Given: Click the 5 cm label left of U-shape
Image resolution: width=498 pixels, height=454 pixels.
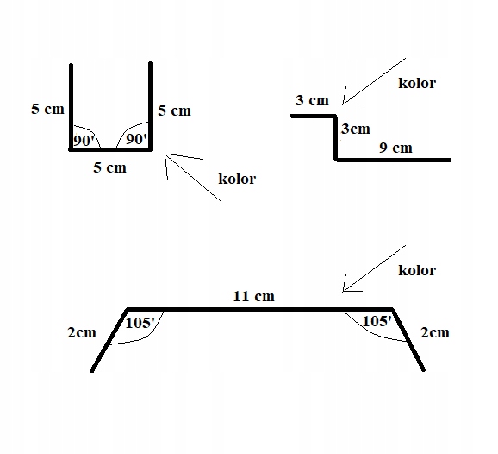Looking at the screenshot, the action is coord(47,109).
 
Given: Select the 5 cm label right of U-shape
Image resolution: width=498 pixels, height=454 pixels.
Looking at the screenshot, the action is coord(174,110).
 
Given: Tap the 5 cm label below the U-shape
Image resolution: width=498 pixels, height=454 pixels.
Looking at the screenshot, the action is coord(109,167).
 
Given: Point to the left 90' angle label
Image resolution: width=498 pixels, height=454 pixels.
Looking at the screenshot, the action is coord(84,141).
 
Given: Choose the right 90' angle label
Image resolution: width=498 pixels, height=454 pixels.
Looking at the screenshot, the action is coord(136,139).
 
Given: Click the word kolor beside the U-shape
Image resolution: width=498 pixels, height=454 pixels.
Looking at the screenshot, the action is coord(237,179).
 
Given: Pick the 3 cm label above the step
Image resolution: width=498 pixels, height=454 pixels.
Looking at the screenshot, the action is coord(312,100).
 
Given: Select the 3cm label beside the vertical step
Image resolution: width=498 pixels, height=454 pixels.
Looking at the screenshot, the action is coord(355,129).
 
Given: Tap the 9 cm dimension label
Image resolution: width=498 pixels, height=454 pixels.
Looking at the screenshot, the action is coord(395,148).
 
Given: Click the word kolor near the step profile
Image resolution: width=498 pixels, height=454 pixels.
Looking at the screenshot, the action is coord(417,83).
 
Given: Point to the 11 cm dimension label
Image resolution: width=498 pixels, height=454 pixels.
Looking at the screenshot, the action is coord(254,296).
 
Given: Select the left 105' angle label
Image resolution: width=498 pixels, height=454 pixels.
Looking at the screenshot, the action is coord(140,324).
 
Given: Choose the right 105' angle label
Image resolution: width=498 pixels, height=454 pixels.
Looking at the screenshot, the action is coord(377,321).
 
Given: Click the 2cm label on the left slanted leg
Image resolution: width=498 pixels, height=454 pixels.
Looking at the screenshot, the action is coord(82,333).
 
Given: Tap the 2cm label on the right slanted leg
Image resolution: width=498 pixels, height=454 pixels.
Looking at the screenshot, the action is coord(435,333).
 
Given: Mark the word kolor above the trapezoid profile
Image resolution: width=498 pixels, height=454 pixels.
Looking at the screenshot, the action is coord(417,270).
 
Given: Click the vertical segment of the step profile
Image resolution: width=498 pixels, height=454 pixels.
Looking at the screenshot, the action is coord(335,138).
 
